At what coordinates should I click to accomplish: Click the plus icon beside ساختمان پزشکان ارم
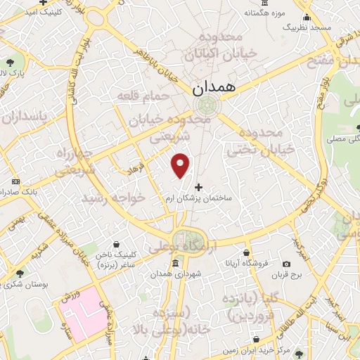tap(199, 188)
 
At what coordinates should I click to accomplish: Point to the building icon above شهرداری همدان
tap(174, 264)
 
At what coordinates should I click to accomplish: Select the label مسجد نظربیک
tap(307, 27)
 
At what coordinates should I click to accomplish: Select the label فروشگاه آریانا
tap(247, 264)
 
